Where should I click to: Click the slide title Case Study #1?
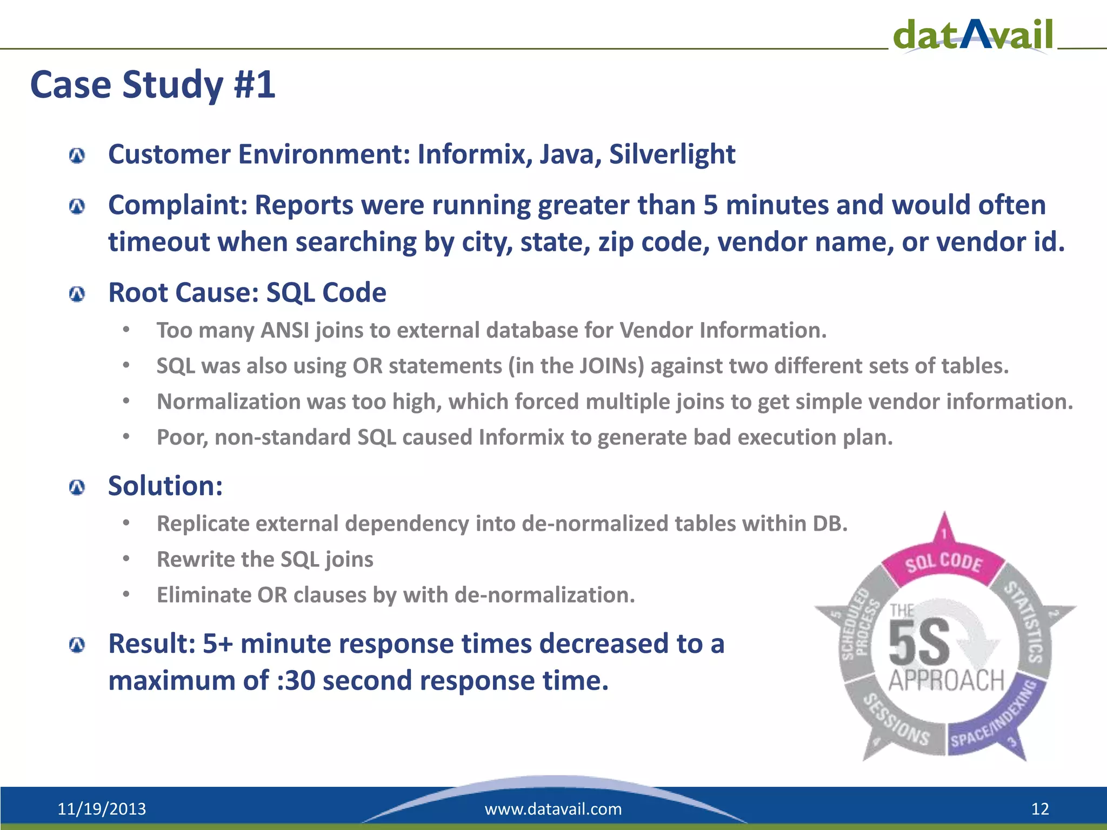[x=153, y=85]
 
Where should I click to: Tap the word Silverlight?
[x=672, y=155]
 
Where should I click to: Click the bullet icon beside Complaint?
[x=77, y=206]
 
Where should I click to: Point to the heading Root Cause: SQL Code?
[x=247, y=293]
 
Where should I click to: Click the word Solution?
[x=165, y=486]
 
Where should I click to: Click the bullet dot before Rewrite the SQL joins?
[x=126, y=559]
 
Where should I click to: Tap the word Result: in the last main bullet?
[x=152, y=644]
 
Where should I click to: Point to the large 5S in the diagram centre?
[x=919, y=642]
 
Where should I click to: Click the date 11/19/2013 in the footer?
[x=102, y=809]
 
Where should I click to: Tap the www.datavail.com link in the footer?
[x=553, y=809]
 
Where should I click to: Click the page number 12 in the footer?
[x=1040, y=809]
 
